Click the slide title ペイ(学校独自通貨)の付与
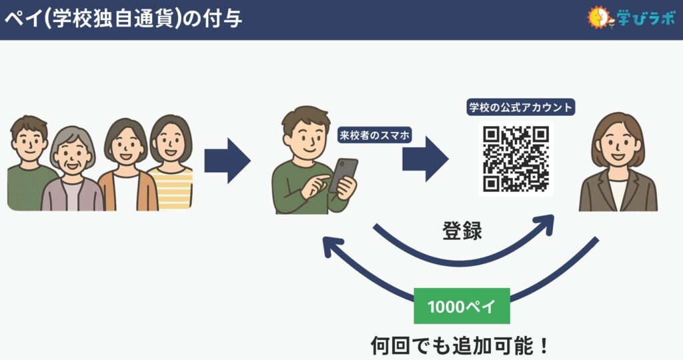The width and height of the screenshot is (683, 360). coord(123,19)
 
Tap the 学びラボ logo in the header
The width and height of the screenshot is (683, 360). coord(631,18)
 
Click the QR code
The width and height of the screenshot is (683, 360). coord(516,159)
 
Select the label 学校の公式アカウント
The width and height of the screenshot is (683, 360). coord(520,107)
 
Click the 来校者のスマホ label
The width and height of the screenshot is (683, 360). coord(375,135)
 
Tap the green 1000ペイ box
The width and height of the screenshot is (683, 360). coord(462,306)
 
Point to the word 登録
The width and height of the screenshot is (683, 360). coord(462,231)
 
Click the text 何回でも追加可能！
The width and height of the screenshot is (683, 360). coord(460,345)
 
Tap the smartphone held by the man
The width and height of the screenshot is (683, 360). coord(344,175)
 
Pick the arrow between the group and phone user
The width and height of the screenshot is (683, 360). coord(227,161)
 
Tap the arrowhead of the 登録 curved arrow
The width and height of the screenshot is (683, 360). coord(544,223)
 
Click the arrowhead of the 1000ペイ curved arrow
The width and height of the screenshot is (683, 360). coord(332,246)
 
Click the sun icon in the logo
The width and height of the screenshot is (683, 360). coord(598,17)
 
